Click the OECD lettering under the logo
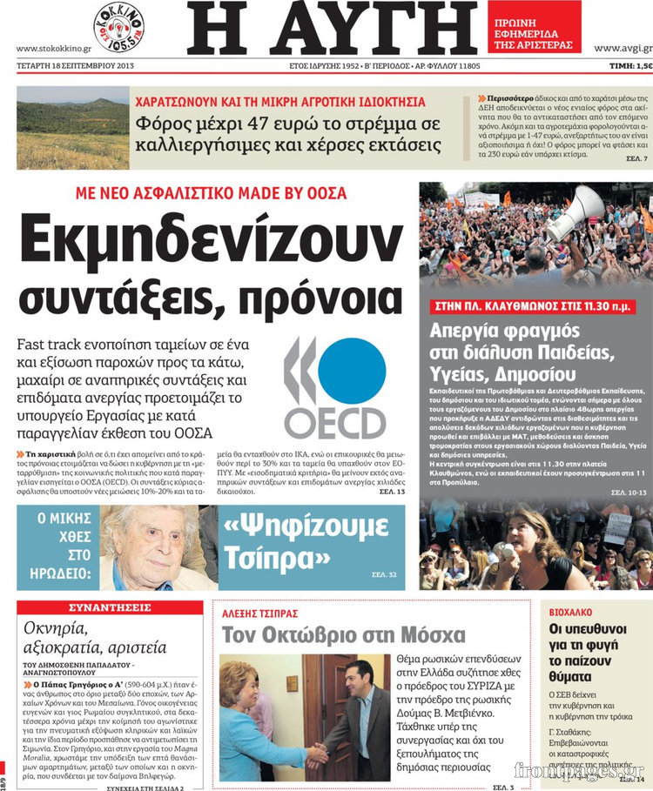click(x=335, y=423)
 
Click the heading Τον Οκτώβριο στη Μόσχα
click(x=343, y=635)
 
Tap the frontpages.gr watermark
click(x=578, y=771)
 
